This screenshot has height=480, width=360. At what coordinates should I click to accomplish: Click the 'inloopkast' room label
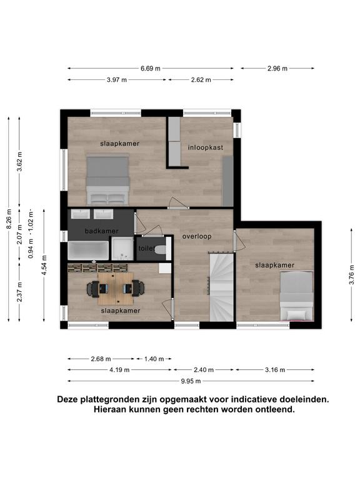pyautogui.click(x=206, y=147)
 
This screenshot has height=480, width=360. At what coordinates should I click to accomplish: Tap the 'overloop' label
pyautogui.click(x=197, y=236)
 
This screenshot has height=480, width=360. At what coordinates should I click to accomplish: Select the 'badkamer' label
pyautogui.click(x=102, y=231)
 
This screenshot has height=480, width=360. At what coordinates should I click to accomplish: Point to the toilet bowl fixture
pyautogui.click(x=161, y=249)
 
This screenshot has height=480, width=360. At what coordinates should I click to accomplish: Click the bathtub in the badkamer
pyautogui.click(x=88, y=251)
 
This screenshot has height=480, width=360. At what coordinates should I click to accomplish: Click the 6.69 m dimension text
pyautogui.click(x=151, y=69)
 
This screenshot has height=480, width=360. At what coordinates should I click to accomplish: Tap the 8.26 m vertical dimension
pyautogui.click(x=9, y=219)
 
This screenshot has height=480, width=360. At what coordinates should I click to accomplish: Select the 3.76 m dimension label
pyautogui.click(x=351, y=274)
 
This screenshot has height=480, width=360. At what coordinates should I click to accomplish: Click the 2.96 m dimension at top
pyautogui.click(x=277, y=69)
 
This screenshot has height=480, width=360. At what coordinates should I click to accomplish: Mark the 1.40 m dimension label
pyautogui.click(x=154, y=359)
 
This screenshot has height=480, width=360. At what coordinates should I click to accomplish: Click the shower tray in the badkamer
pyautogui.click(x=122, y=249)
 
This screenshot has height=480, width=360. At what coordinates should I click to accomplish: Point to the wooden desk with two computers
pyautogui.click(x=116, y=289)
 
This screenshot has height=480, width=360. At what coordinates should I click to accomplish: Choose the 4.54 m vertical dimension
pyautogui.click(x=44, y=265)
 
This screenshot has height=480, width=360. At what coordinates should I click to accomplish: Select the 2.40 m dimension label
pyautogui.click(x=204, y=370)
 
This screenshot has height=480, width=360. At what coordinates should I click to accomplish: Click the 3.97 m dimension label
pyautogui.click(x=117, y=80)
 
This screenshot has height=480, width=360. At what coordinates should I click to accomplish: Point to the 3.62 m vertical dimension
pyautogui.click(x=19, y=162)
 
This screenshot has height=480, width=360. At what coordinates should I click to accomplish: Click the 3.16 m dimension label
pyautogui.click(x=275, y=370)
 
